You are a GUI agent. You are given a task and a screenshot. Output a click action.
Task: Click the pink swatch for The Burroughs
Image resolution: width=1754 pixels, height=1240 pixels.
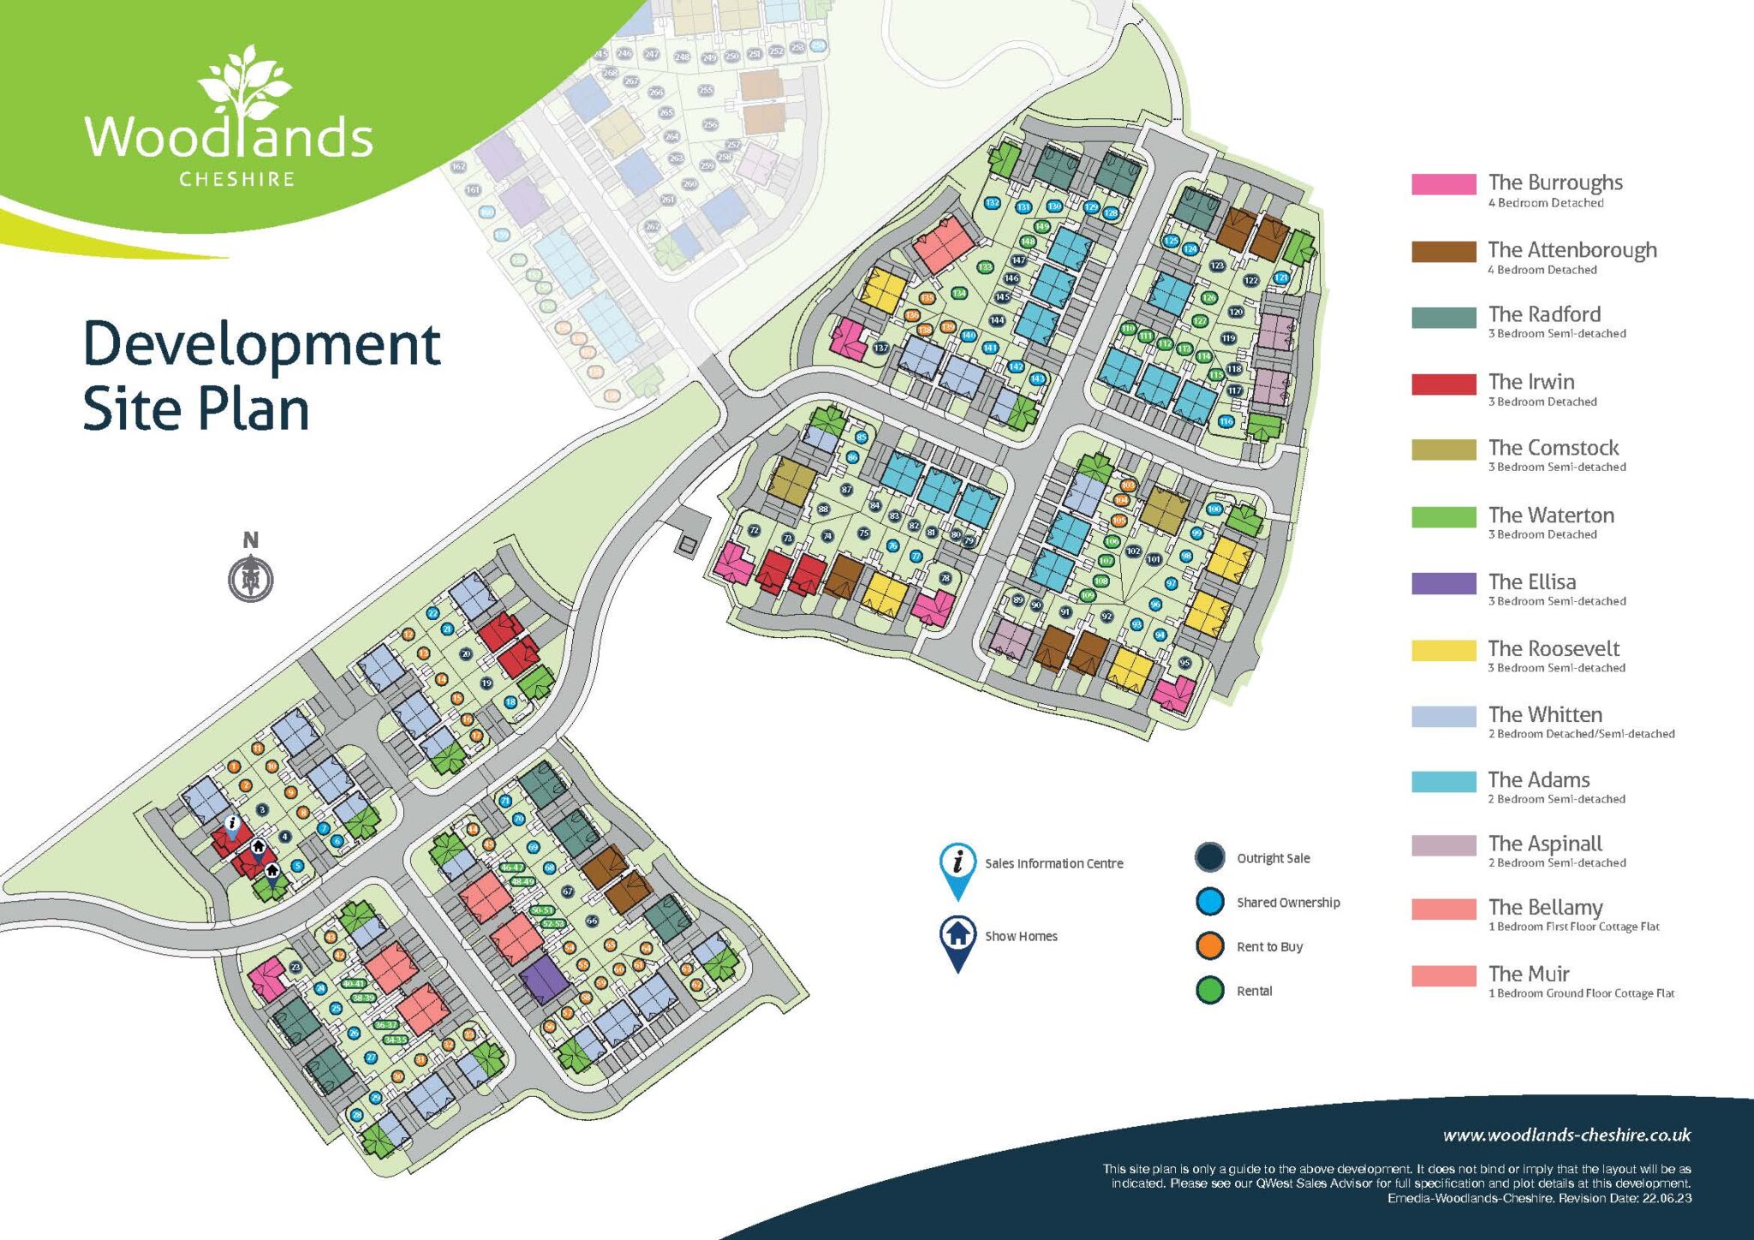click(x=1443, y=184)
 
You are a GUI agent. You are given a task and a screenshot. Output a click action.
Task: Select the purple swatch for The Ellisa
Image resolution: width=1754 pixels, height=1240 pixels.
click(x=1443, y=583)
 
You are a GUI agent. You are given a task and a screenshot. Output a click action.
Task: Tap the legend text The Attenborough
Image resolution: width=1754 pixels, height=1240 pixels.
click(x=1572, y=250)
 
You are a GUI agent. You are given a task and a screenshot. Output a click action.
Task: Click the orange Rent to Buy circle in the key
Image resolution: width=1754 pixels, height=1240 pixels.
click(x=1209, y=946)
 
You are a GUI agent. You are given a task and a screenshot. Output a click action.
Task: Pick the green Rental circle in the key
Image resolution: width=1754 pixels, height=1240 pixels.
click(x=1209, y=991)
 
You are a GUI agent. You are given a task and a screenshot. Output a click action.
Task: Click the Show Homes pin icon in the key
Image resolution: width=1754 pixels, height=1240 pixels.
click(x=958, y=940)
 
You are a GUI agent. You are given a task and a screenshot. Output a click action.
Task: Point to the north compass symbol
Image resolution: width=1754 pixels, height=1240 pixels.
click(x=251, y=579)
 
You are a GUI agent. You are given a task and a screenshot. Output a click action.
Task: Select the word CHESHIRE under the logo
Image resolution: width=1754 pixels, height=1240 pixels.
click(x=236, y=179)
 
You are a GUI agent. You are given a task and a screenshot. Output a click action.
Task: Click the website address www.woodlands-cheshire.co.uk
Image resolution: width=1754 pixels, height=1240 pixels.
click(x=1566, y=1136)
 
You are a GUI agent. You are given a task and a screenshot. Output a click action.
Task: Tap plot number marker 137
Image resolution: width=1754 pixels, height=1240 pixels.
click(x=880, y=348)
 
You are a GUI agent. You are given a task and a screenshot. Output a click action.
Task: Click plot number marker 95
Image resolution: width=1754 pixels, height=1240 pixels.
click(x=1184, y=663)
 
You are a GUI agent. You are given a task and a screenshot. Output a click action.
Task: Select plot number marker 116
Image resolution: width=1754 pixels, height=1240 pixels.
click(x=1226, y=421)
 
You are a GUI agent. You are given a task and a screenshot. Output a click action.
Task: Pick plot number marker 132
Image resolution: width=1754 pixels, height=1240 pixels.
click(x=992, y=203)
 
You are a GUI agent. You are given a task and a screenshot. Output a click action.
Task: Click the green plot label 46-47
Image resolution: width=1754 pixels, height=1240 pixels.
click(x=511, y=867)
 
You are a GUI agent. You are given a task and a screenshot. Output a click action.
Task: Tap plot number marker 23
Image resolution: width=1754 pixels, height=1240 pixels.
click(x=295, y=967)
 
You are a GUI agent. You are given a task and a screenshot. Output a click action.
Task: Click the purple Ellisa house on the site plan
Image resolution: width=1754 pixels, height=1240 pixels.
click(x=543, y=980)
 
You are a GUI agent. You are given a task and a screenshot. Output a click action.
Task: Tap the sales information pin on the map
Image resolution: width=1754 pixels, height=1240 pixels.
click(x=232, y=824)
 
